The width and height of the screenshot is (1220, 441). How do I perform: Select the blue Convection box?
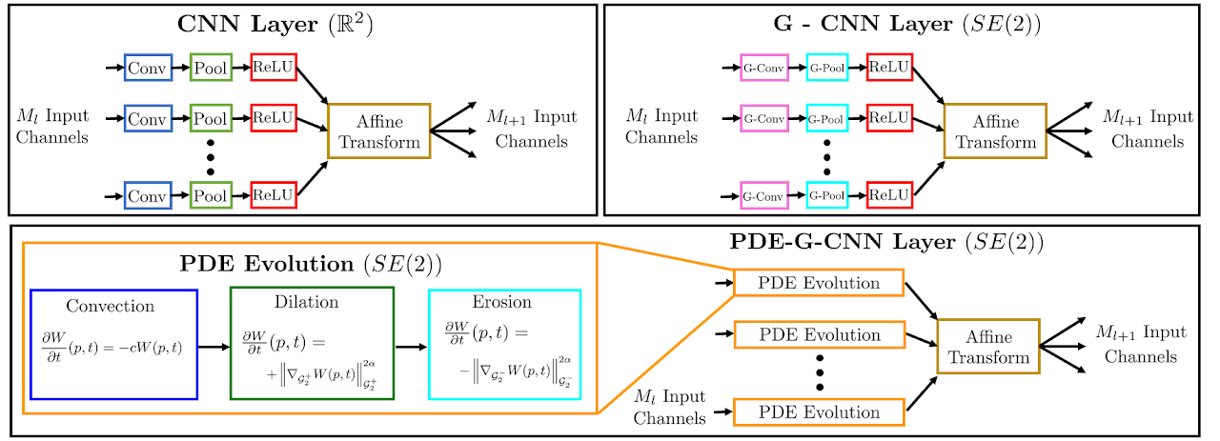point(113,345)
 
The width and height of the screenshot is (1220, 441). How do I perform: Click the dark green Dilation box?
point(312,345)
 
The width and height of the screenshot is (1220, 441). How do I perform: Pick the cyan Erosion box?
point(504,345)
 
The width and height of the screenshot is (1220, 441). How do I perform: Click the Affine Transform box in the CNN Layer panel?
point(378,131)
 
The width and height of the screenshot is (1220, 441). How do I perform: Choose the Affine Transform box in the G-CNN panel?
point(995,131)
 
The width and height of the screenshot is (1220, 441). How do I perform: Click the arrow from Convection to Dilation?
point(213,347)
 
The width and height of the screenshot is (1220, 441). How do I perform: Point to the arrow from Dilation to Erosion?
point(411,347)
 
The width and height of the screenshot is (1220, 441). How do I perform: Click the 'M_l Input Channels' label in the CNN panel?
point(52,127)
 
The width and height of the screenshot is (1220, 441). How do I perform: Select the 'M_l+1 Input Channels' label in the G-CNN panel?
point(1148,128)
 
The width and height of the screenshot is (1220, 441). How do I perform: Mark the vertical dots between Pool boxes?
point(210,159)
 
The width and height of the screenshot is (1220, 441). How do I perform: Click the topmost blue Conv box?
point(147,68)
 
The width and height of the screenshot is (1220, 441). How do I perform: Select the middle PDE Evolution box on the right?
point(819,335)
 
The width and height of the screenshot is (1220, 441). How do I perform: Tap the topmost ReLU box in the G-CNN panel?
point(889,68)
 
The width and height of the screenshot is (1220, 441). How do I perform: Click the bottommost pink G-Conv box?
point(763,197)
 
